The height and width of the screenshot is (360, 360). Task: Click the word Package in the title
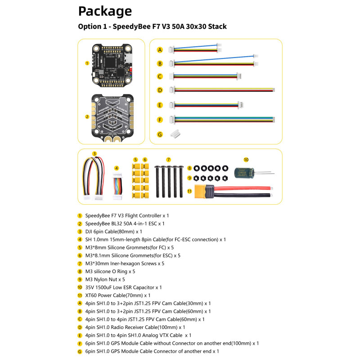coord(105,12)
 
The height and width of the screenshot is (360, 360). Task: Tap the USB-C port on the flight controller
coord(129,58)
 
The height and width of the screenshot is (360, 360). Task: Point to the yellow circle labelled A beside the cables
coord(160,50)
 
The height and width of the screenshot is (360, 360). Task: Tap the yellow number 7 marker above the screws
coord(168,160)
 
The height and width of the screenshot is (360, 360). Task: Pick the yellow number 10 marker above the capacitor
coord(246,160)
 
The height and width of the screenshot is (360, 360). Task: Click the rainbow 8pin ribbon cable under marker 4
coord(117,186)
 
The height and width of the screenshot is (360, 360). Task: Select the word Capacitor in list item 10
coord(144,288)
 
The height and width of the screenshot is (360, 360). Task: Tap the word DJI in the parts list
coord(89,231)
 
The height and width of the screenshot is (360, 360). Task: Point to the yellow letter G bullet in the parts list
coord(80,351)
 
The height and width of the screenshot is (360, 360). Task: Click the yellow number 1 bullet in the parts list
coord(80,216)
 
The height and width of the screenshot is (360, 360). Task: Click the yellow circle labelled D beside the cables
coord(160,90)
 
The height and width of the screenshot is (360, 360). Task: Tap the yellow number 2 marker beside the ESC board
coord(87,117)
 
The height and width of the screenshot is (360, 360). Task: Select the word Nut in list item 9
coord(112,279)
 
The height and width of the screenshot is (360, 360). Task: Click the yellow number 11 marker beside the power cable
coord(189,191)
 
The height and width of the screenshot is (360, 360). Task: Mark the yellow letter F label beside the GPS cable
coord(160,120)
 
